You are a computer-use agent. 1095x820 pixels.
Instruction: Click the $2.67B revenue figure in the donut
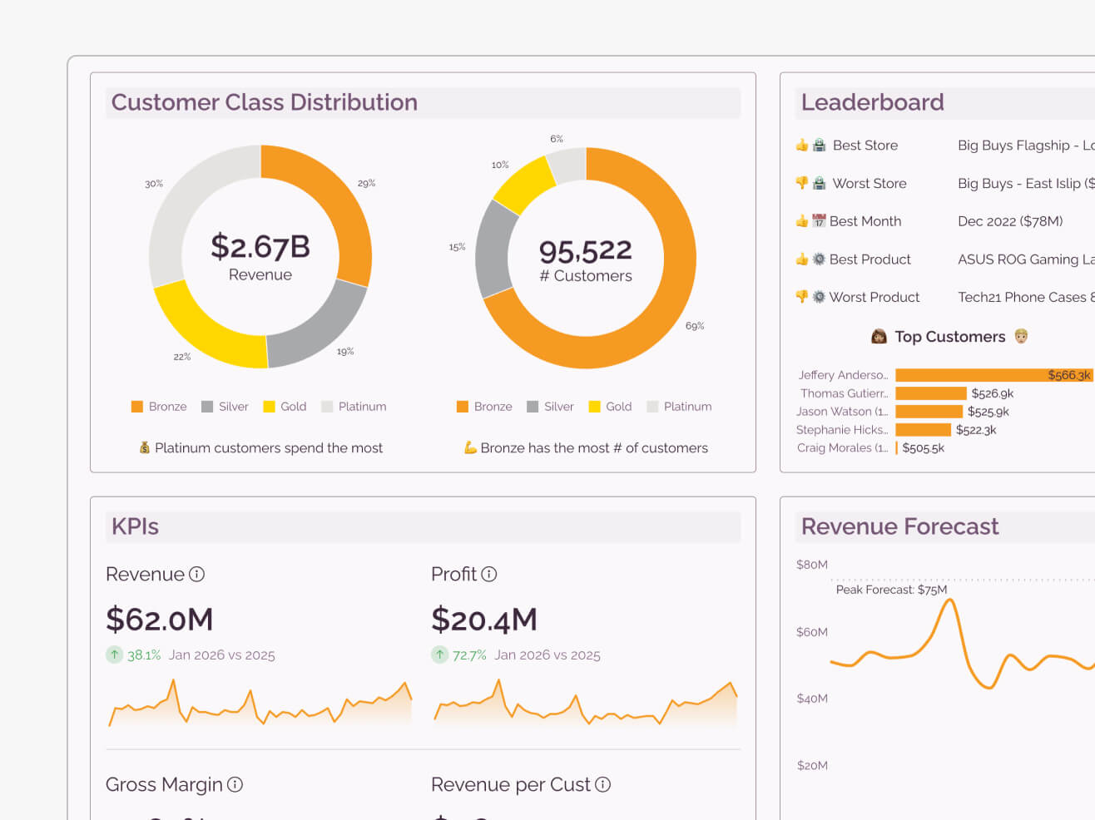click(x=260, y=246)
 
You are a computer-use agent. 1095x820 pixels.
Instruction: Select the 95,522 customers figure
click(x=585, y=250)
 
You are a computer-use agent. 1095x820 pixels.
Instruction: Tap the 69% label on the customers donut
click(x=694, y=326)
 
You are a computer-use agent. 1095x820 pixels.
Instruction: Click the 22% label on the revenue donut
click(x=181, y=357)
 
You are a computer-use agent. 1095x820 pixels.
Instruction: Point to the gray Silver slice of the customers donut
click(x=496, y=249)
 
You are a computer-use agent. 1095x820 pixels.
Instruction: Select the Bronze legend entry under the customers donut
click(x=484, y=407)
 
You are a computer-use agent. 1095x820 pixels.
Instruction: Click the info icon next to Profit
click(x=489, y=574)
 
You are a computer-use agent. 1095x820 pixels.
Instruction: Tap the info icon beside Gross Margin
click(x=235, y=784)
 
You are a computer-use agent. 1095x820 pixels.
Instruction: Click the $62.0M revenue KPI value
click(x=160, y=620)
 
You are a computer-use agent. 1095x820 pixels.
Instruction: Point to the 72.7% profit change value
click(x=469, y=655)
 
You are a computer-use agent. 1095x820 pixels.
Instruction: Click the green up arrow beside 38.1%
click(x=115, y=655)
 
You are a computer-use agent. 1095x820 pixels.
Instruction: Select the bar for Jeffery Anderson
click(x=993, y=375)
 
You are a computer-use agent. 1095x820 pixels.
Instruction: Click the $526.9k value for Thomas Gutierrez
click(x=992, y=393)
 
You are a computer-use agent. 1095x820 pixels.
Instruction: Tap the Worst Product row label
click(x=874, y=297)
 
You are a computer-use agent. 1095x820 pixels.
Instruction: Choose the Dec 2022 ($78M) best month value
click(x=1010, y=221)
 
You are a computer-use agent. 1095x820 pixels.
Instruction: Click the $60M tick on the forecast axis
click(x=811, y=632)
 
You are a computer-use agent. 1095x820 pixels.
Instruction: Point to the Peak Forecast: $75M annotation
click(x=891, y=590)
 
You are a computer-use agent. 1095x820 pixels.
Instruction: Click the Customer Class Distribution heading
click(x=265, y=102)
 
